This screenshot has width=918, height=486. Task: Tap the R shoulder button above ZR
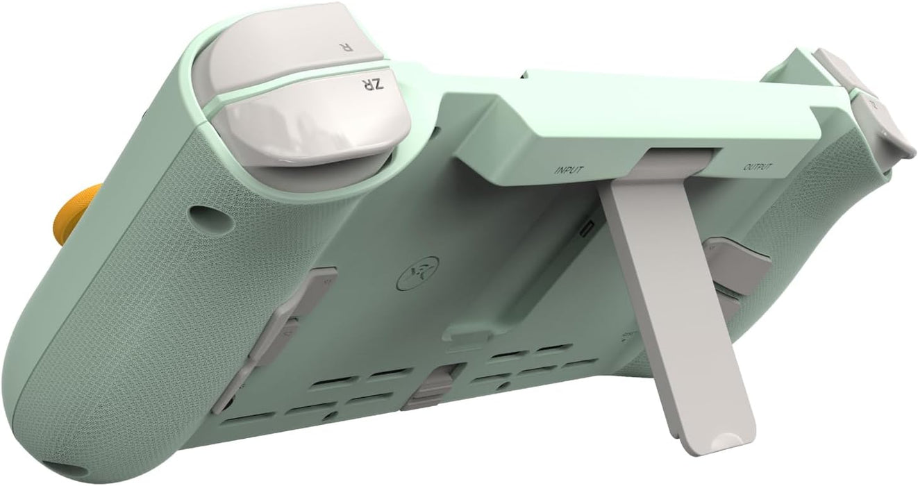(292, 42)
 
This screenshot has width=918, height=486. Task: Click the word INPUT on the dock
(569, 169)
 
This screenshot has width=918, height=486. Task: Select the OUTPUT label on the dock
(758, 167)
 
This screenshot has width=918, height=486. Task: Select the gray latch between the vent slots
(432, 386)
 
